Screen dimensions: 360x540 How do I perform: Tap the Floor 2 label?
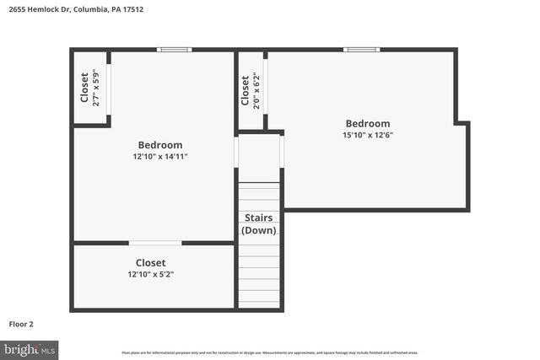point(21,323)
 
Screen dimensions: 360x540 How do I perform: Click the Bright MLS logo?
point(30,348)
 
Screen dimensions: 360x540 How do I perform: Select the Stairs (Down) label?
point(259,223)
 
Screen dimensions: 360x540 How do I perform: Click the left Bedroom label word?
point(160,145)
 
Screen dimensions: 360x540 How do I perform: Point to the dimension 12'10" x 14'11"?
point(160,156)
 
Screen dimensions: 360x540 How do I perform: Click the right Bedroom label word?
point(367,123)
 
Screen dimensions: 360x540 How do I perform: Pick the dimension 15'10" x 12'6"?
point(367,134)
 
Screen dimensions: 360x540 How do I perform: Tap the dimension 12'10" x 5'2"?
point(151,274)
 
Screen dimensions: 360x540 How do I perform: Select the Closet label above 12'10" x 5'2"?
point(151,263)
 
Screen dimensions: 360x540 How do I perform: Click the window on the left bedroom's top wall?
point(175,50)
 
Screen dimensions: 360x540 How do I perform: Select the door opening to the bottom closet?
point(154,243)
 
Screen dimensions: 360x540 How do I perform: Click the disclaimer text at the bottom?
point(269,352)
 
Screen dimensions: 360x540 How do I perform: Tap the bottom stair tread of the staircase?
point(259,301)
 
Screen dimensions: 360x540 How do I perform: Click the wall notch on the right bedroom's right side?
point(462,124)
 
